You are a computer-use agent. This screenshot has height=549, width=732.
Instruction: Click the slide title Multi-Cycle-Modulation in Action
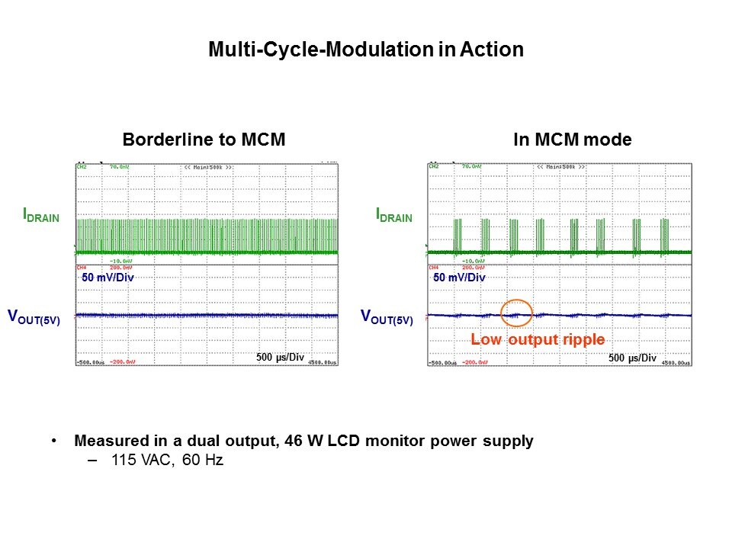coord(366,50)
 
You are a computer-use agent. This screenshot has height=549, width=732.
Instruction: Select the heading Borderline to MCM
coord(204,140)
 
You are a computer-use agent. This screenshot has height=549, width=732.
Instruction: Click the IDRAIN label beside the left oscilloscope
coord(41,217)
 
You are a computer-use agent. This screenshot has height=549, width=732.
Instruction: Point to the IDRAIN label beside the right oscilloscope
coord(394,217)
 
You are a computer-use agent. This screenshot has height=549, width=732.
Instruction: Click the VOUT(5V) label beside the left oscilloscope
coord(34,316)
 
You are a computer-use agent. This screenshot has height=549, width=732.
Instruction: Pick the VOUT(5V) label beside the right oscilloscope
coord(386,316)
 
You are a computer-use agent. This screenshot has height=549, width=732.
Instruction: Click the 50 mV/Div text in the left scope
coord(108,278)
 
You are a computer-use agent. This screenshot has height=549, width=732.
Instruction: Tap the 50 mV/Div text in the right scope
coord(459,278)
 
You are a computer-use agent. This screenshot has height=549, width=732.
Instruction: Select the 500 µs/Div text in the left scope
coord(281,356)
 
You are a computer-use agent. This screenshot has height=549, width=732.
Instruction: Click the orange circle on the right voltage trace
coord(516,313)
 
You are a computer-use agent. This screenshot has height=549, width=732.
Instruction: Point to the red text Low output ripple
coord(538,339)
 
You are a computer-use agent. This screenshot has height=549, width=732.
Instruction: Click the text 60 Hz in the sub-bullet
coord(202,461)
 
